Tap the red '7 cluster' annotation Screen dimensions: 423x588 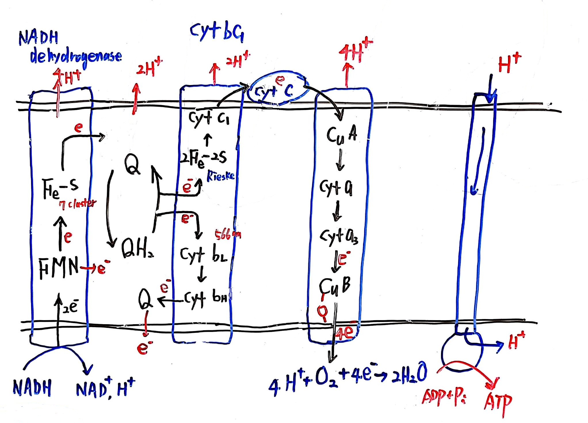tap(78, 204)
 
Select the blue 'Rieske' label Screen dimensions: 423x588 tap(221, 176)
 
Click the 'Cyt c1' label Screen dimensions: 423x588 tap(209, 118)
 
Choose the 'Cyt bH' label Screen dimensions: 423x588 tap(206, 299)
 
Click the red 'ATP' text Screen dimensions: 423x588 tap(498, 402)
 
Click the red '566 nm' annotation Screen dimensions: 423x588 tap(228, 235)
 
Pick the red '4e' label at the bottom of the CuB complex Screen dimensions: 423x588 tap(347, 333)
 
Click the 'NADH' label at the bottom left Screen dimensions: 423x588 tap(32, 388)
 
